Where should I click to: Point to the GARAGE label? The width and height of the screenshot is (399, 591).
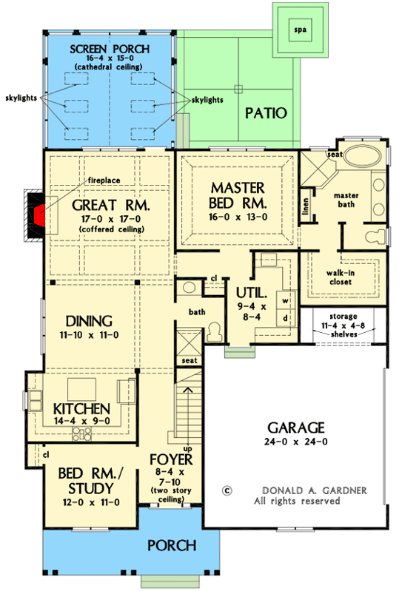295,427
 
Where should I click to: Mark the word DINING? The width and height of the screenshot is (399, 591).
87,321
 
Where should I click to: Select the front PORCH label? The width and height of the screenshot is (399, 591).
171,546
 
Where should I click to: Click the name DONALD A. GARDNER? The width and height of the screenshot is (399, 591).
304,490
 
